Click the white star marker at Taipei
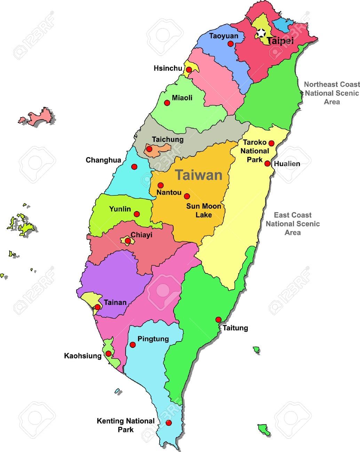click(x=261, y=33)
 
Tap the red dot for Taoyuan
click(x=231, y=44)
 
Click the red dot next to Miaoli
click(x=167, y=103)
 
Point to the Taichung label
click(x=168, y=139)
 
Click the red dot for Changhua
click(x=134, y=167)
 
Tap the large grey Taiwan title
click(x=199, y=175)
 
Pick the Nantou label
click(x=169, y=192)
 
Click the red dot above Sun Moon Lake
click(x=187, y=196)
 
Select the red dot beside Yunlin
click(x=137, y=214)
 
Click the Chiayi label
click(x=142, y=235)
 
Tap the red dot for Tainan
click(x=98, y=307)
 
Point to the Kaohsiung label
click(x=83, y=356)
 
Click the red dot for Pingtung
click(x=133, y=345)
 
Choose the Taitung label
click(x=235, y=328)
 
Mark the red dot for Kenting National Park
click(x=169, y=423)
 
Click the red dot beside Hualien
click(x=267, y=163)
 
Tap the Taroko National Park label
click(x=255, y=151)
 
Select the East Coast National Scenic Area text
click(x=293, y=224)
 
